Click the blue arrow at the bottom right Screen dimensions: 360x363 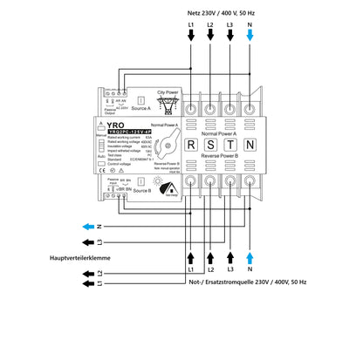coord(251,258)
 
